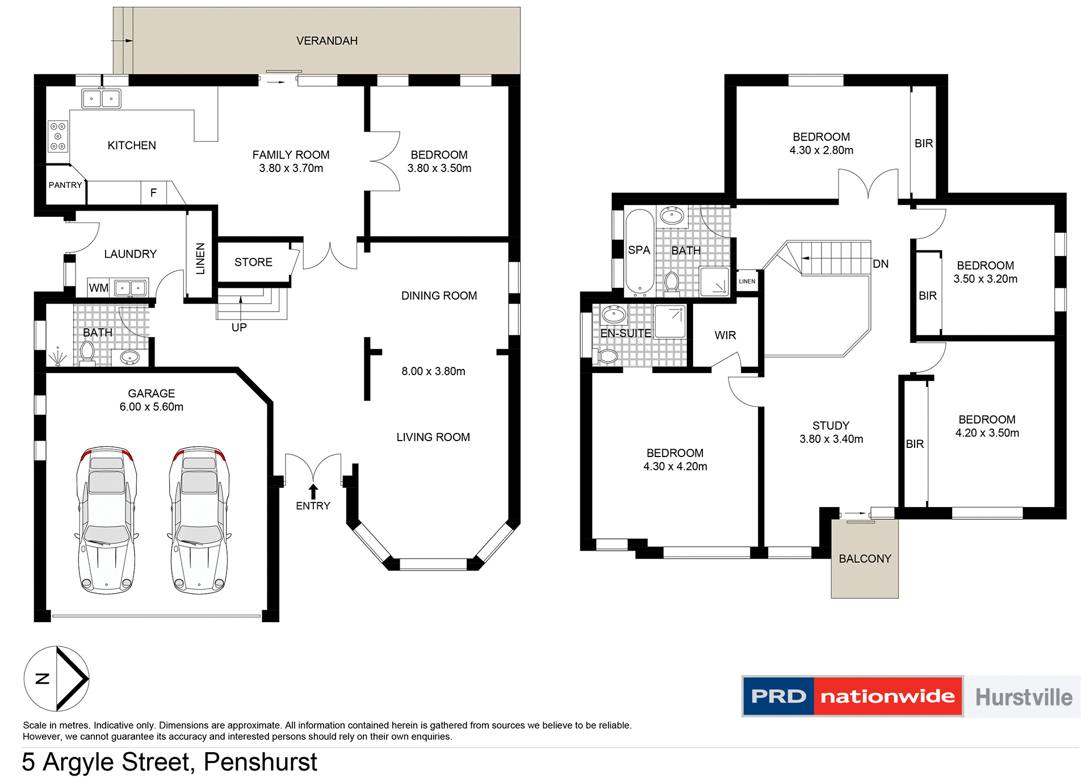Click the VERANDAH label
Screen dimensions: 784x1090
tap(326, 41)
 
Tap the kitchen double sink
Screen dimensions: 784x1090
tap(101, 98)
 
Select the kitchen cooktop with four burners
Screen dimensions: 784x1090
tap(58, 136)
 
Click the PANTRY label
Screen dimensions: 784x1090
tap(65, 185)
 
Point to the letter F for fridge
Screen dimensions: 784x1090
tap(153, 193)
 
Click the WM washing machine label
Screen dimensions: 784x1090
tap(98, 288)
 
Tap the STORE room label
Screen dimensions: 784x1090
tap(253, 262)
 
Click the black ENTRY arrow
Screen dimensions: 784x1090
tap(313, 490)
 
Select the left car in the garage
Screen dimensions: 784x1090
tap(107, 519)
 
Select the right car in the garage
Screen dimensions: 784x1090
tap(199, 519)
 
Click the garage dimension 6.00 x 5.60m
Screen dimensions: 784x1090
tap(151, 407)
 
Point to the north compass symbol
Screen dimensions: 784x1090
tap(57, 678)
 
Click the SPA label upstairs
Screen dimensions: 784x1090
tap(639, 250)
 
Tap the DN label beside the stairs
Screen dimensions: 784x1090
tap(881, 264)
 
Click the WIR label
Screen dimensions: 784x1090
tap(725, 336)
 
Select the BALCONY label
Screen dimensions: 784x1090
tap(865, 559)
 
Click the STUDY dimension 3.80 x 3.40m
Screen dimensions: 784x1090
tap(831, 439)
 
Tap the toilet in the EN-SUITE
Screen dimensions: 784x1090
tap(607, 357)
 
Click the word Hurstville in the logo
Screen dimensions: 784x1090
tap(1024, 697)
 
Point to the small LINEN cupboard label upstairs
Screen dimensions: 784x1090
tap(747, 282)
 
